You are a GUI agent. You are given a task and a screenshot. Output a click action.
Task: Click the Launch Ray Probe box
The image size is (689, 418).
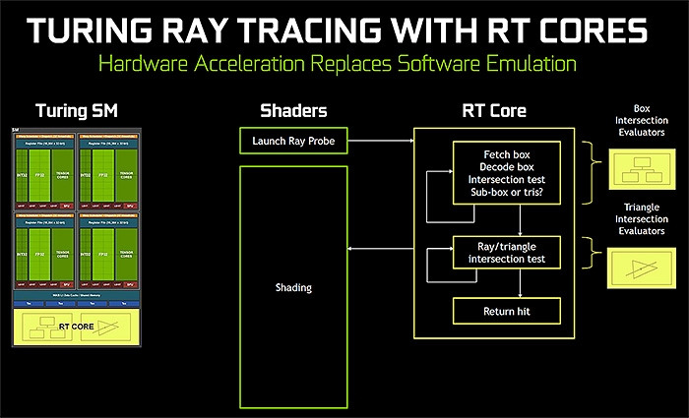pos(293,141)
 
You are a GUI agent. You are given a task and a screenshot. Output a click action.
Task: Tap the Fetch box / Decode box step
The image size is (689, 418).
pos(506,174)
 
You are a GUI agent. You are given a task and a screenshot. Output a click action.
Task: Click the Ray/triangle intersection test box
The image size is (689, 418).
pos(506,253)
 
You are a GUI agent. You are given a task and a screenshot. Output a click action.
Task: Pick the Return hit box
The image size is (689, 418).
pos(506,312)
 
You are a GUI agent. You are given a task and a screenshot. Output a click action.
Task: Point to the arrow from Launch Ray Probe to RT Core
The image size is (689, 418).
pos(380,142)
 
